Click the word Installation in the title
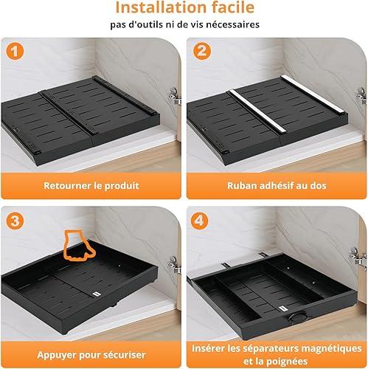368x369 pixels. tap(161, 7)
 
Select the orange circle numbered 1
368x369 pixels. tap(15, 52)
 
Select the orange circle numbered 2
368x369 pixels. tap(202, 51)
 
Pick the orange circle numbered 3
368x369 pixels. tap(15, 221)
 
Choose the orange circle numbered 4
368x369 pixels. tap(199, 221)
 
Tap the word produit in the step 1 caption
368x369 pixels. tap(122, 186)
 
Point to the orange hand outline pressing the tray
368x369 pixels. tap(77, 246)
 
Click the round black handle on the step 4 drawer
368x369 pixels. tap(297, 316)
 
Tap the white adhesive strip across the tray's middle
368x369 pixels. tap(257, 111)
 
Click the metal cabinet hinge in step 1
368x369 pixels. tap(175, 96)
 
